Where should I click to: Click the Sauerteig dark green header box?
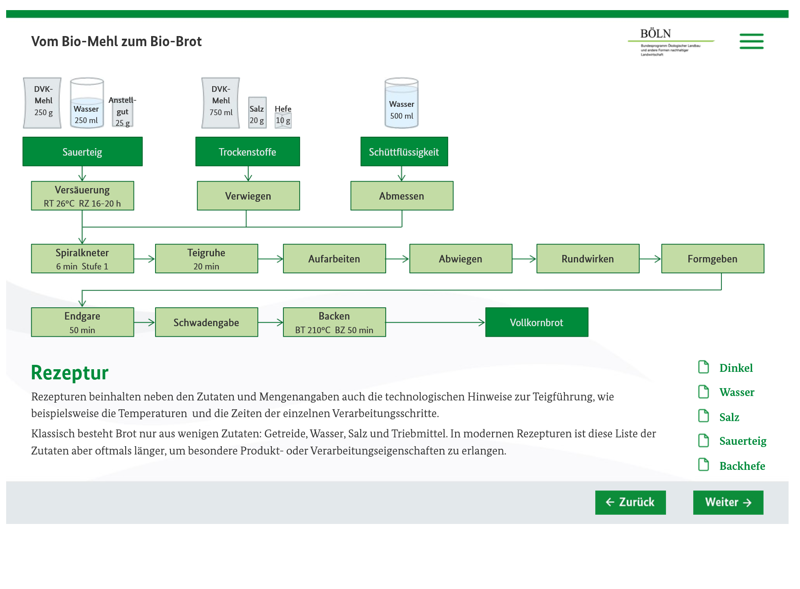[x=83, y=152]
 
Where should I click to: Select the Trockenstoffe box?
[x=247, y=152]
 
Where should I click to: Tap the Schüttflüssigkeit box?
[x=404, y=152]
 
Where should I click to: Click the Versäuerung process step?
[x=83, y=196]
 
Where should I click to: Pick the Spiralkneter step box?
[x=83, y=259]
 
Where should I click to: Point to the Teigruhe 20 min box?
[x=206, y=259]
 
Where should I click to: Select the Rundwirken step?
[x=588, y=259]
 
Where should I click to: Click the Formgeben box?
[x=713, y=259]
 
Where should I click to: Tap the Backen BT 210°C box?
[x=334, y=322]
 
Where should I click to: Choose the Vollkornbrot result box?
[x=536, y=322]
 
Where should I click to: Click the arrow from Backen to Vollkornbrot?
[x=435, y=322]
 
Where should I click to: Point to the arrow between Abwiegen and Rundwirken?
[x=524, y=259]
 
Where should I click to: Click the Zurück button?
[x=630, y=502]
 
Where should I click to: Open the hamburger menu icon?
[x=751, y=41]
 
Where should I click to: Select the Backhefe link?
[x=742, y=466]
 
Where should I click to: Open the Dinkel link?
[x=736, y=368]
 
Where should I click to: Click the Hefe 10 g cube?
[x=283, y=120]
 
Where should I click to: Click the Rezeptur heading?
[x=70, y=373]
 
